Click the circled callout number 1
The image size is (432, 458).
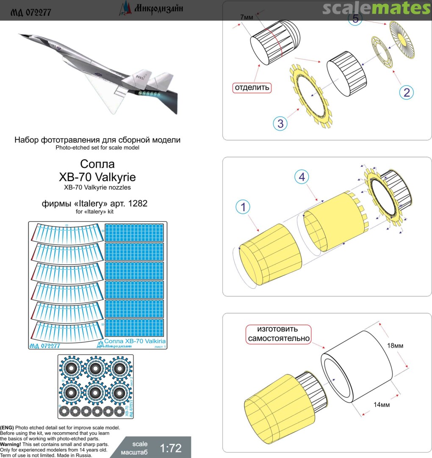click(244, 207)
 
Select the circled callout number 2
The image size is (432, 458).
click(407, 92)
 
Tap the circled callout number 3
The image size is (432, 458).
click(280, 123)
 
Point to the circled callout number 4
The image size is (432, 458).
click(302, 178)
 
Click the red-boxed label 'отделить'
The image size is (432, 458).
click(252, 88)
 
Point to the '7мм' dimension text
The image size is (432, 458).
click(245, 16)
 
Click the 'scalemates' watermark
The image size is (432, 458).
click(376, 8)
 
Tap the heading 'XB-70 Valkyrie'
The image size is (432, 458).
click(97, 177)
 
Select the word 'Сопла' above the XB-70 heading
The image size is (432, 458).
click(97, 163)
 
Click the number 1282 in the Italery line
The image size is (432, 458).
click(141, 204)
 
